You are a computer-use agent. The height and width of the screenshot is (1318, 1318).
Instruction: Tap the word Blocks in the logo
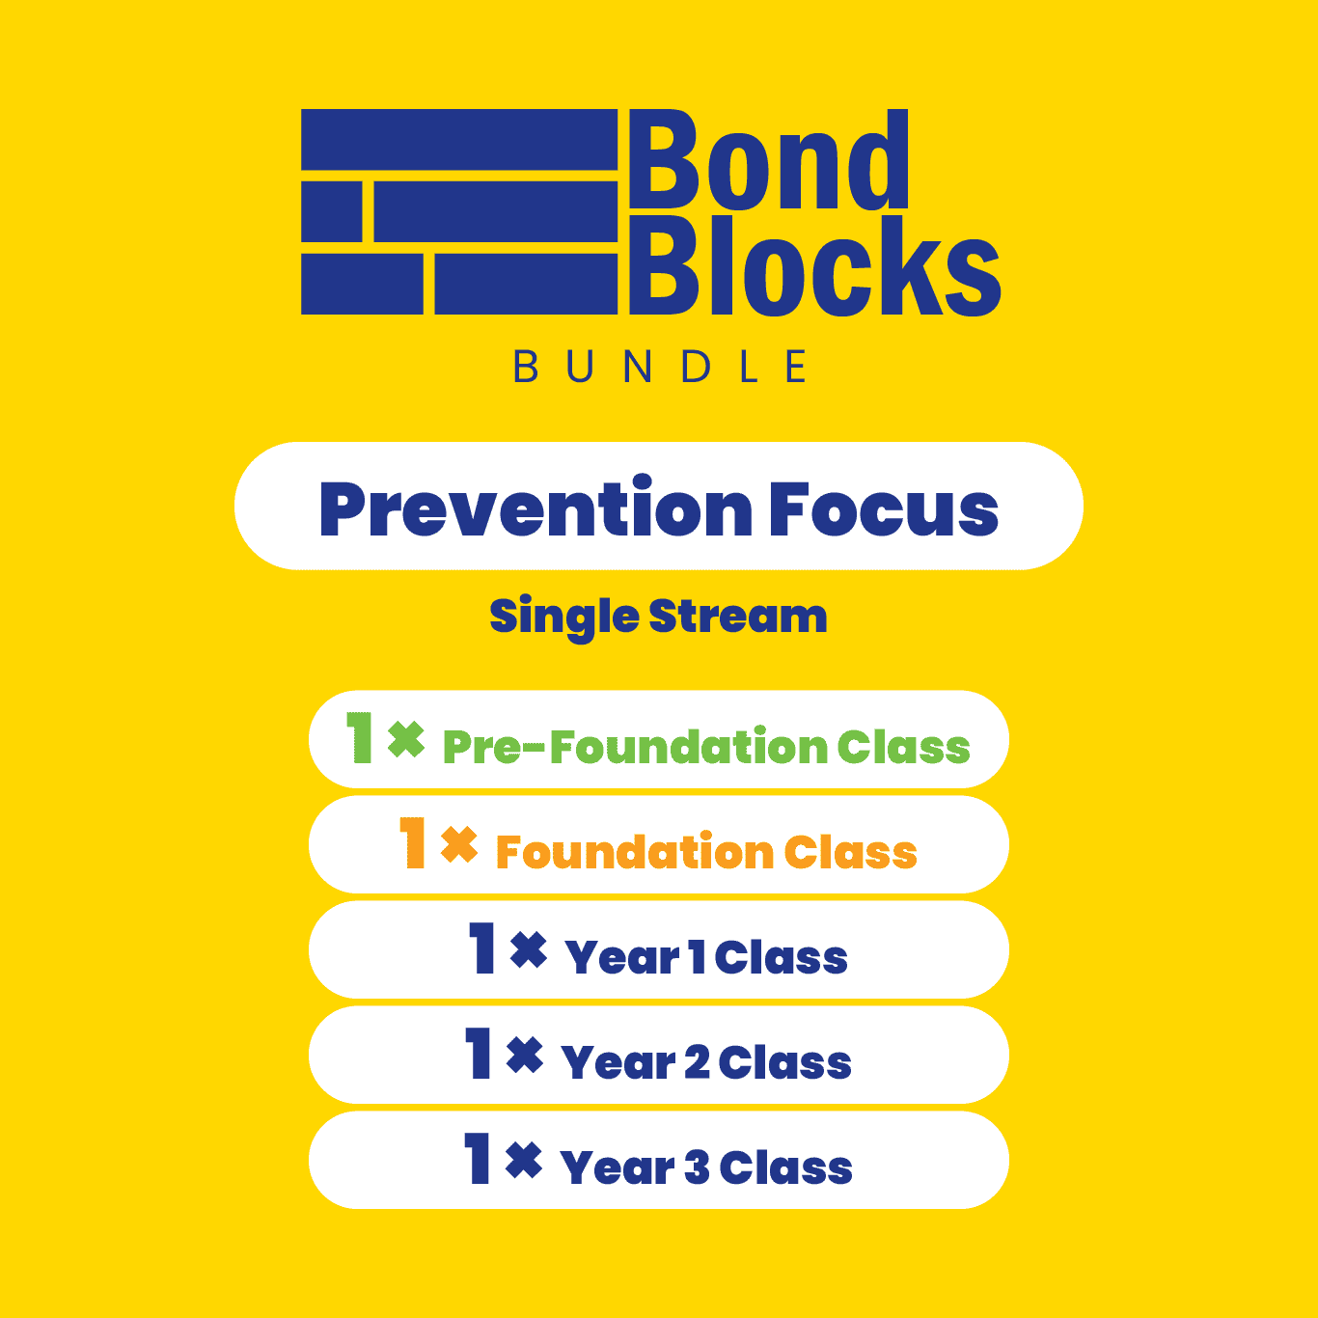814,265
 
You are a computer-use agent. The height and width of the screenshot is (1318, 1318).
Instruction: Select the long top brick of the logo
459,140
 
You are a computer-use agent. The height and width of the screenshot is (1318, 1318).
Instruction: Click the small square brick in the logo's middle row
332,211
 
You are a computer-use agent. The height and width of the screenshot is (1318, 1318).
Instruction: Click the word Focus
884,508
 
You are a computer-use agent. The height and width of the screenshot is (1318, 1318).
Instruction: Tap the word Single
564,618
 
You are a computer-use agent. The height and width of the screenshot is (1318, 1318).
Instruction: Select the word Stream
738,616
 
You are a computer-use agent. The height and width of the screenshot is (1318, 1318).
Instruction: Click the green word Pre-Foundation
636,746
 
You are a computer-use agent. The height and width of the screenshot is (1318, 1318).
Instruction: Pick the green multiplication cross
406,739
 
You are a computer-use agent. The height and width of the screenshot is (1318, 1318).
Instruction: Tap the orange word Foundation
635,852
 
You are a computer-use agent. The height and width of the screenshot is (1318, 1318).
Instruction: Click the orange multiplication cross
459,844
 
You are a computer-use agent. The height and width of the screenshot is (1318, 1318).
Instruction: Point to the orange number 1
413,842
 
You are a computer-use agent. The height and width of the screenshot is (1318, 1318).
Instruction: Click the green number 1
359,737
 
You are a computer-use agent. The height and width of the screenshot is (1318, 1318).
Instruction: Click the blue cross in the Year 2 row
525,1056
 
